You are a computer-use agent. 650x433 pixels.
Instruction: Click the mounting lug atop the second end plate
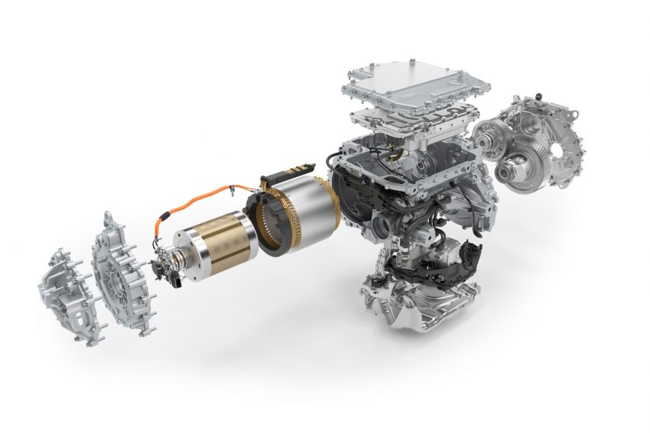[109, 218]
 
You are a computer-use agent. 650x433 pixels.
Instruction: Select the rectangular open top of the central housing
[405, 157]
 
